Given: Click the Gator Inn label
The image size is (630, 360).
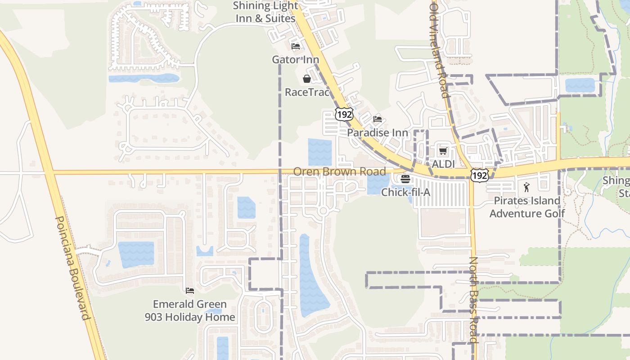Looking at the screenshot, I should click(295, 60).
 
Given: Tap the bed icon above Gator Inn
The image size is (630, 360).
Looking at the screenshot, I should click(296, 46).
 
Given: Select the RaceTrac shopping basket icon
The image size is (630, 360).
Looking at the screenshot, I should click(307, 79).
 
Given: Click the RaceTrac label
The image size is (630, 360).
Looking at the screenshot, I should click(307, 92).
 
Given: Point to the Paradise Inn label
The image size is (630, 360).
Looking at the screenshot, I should click(377, 133).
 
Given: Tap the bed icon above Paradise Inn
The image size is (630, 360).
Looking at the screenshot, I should click(378, 119).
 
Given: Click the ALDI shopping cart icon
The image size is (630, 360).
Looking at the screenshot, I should click(443, 150).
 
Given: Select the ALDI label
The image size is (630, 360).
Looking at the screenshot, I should click(443, 164).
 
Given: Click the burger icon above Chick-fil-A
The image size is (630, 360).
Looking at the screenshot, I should click(405, 179).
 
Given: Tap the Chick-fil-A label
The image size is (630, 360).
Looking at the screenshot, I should click(405, 192).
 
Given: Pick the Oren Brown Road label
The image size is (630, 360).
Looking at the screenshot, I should click(339, 171).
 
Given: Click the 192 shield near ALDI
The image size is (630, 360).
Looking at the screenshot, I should click(479, 175).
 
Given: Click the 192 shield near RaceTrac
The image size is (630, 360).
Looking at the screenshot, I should click(344, 114).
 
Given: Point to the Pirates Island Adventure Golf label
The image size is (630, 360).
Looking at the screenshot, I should click(527, 207).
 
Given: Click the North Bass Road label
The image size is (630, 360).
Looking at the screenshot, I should click(474, 300).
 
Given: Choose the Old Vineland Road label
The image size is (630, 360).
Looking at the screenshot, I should click(440, 49).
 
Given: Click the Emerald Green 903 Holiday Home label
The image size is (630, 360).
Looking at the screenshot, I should click(189, 310).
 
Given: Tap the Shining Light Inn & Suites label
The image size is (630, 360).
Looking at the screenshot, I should click(264, 12).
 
